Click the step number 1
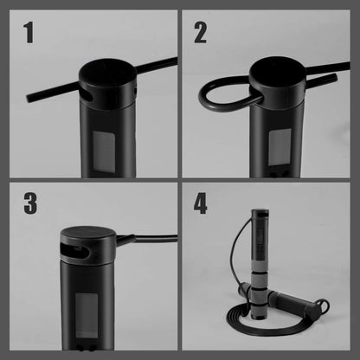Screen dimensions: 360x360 click(29, 34)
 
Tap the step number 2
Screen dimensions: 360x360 click(201, 34)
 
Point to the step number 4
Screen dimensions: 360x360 click(201, 205)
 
